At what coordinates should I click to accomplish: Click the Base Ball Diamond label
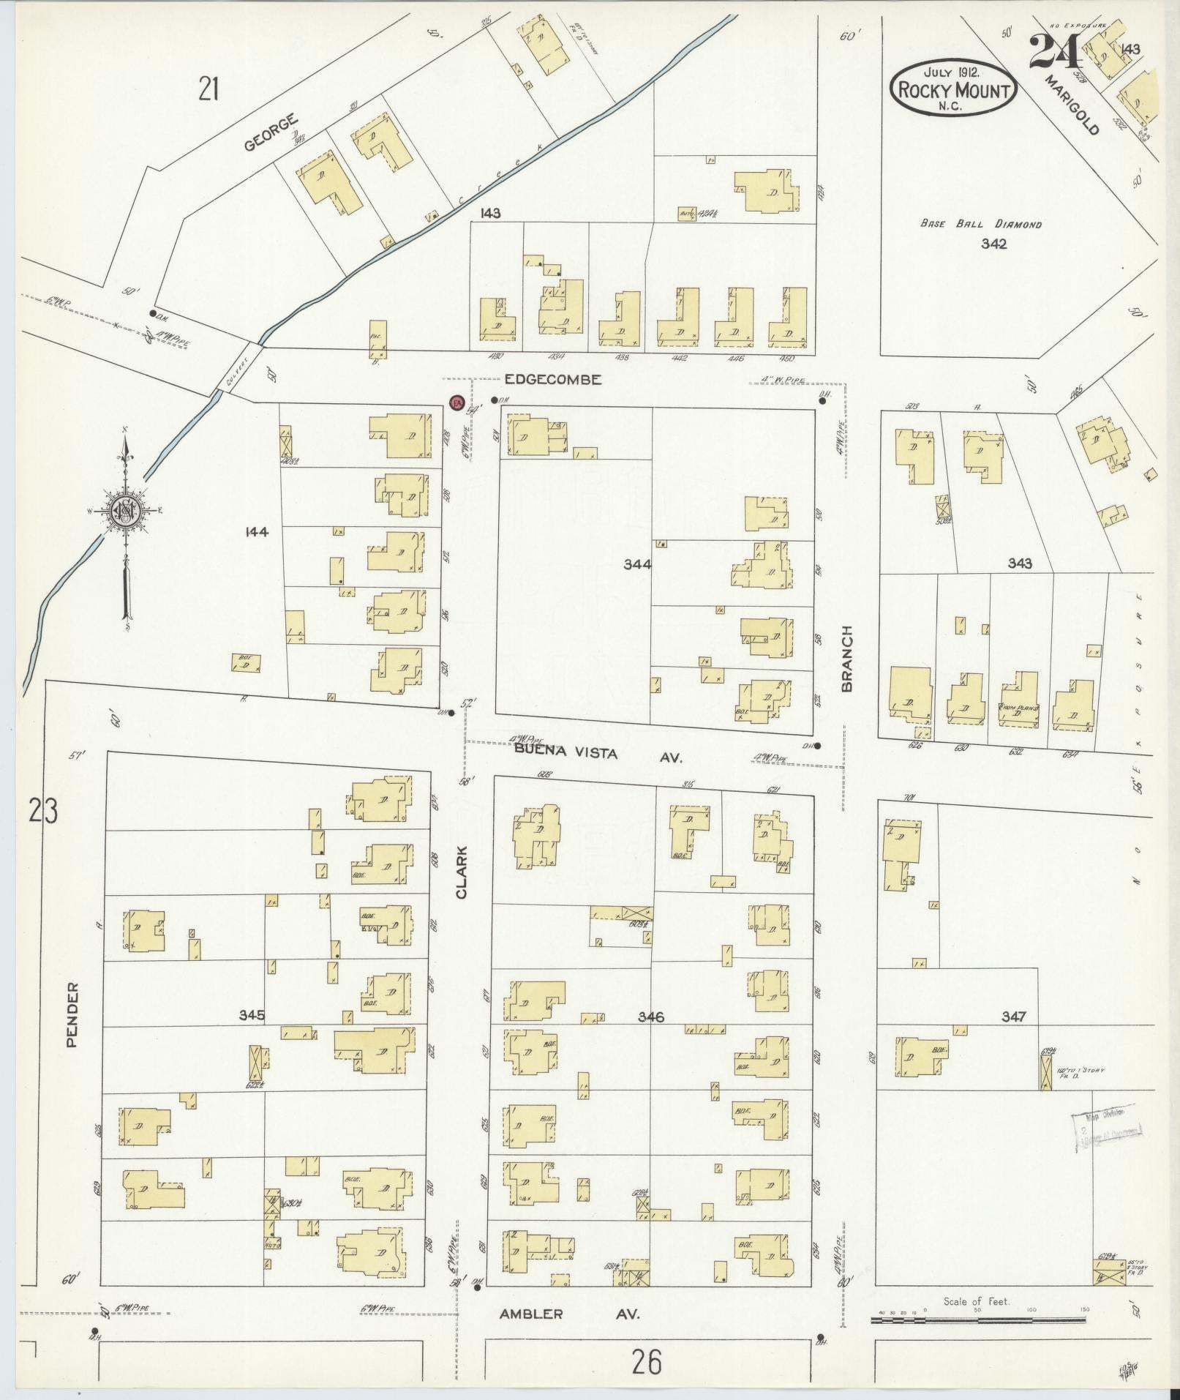click(x=980, y=225)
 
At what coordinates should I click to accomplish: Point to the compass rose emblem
click(x=126, y=510)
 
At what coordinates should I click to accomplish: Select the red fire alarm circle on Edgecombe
click(x=457, y=403)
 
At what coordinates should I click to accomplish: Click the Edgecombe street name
click(x=552, y=379)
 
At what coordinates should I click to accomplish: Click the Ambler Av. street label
click(x=569, y=1314)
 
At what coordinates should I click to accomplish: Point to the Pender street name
click(x=72, y=1014)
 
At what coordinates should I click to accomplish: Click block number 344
click(x=637, y=564)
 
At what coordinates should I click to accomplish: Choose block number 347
click(x=1014, y=1016)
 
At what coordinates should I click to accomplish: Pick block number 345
click(x=251, y=1015)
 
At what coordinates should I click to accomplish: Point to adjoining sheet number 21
click(x=208, y=89)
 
